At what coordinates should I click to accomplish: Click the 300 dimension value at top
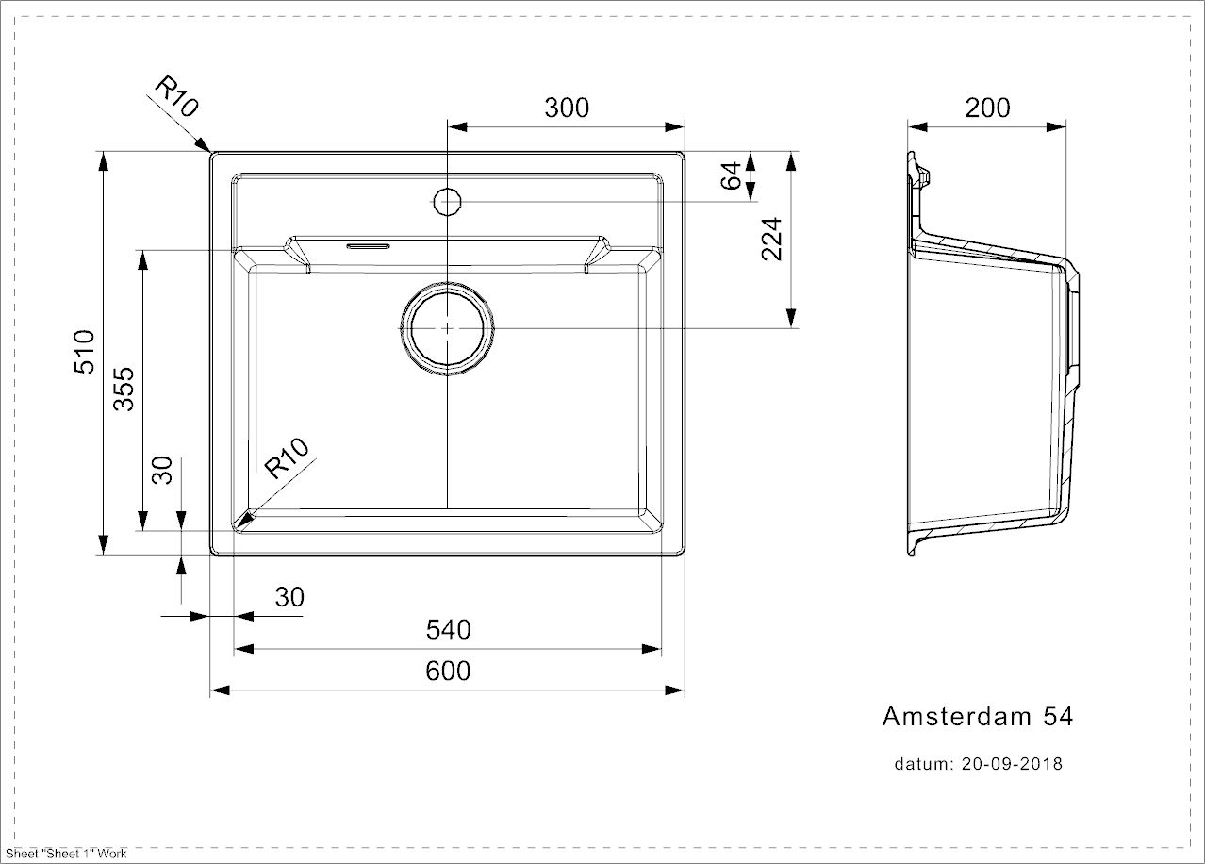point(567,108)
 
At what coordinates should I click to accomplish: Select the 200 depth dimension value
point(987,108)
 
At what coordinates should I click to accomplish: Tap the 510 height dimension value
point(85,352)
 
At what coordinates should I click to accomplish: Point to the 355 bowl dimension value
point(124,389)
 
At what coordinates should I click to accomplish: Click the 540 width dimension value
point(448,629)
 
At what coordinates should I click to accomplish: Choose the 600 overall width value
point(448,671)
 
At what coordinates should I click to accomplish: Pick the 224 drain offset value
point(771,239)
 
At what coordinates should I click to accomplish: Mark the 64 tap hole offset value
point(731,175)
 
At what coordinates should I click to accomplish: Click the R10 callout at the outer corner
point(177,96)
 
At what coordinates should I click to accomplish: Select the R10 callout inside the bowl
point(288,457)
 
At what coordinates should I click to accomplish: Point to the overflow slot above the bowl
point(368,246)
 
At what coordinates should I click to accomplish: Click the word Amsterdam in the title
point(956,717)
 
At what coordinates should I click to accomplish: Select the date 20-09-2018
point(1012,764)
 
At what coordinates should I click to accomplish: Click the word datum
point(924,764)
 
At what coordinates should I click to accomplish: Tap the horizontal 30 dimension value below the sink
point(289,597)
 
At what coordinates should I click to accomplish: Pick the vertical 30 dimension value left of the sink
point(162,470)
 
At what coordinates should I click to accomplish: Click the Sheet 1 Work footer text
point(66,854)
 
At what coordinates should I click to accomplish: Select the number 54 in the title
point(1058,717)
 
